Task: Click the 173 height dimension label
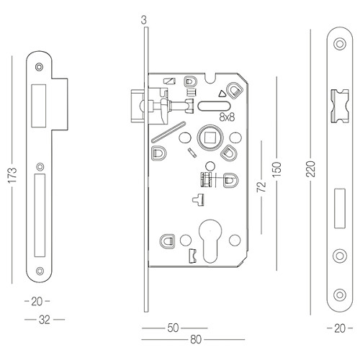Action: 12,176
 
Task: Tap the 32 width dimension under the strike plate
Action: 45,320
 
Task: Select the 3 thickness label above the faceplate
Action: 143,20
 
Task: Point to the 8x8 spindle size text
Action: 227,117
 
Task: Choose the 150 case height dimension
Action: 277,169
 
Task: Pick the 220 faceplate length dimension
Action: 310,169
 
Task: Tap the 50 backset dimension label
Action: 173,328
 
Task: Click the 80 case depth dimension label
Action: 196,340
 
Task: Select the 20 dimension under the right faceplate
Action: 340,328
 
